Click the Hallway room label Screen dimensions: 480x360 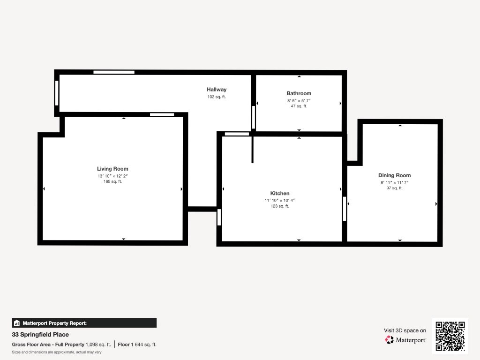click(217, 90)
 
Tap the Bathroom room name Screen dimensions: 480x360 click(299, 93)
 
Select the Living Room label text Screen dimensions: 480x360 click(112, 169)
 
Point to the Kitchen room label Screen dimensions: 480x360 click(280, 193)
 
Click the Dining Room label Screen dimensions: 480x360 click(395, 175)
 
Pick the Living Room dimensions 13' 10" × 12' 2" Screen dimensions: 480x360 click(112, 176)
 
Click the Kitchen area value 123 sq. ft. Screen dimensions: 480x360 click(280, 206)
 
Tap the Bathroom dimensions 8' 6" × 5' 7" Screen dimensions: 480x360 click(299, 101)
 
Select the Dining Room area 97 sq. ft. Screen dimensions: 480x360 click(395, 188)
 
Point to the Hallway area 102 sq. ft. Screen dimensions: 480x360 click(217, 97)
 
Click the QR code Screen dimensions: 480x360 click(450, 336)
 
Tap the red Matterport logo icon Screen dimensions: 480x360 click(390, 340)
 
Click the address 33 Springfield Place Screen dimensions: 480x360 click(40, 335)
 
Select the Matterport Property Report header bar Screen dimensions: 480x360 click(84, 323)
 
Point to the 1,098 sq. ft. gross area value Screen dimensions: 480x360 click(98, 345)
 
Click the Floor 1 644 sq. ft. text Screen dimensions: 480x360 click(137, 345)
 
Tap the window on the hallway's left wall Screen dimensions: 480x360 click(57, 93)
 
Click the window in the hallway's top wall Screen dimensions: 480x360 click(114, 72)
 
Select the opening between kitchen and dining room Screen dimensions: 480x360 click(345, 209)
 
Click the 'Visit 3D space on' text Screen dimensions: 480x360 click(405, 330)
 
